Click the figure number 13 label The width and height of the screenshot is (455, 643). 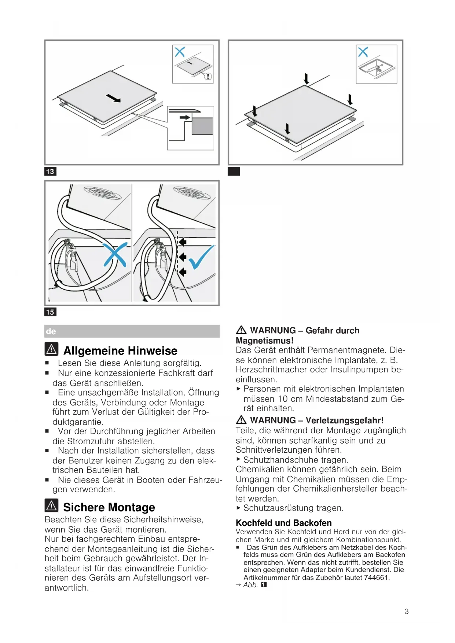(50, 171)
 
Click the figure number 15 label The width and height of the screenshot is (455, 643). (50, 312)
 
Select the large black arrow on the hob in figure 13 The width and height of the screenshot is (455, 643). (113, 98)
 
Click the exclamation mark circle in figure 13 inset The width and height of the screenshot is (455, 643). (208, 76)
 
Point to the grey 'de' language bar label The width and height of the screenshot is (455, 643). (51, 331)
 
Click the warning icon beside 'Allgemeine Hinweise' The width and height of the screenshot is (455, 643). (52, 349)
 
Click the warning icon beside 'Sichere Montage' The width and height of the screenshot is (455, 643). (52, 506)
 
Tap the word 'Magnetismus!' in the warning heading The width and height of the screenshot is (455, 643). (264, 341)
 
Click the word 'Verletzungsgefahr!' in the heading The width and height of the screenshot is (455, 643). (345, 420)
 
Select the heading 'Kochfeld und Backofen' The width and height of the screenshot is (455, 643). (283, 523)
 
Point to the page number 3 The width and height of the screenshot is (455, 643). (407, 611)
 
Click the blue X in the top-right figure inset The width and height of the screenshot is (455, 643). (363, 52)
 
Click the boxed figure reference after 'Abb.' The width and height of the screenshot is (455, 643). (264, 585)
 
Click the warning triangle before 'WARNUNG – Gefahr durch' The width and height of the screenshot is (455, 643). (241, 330)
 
